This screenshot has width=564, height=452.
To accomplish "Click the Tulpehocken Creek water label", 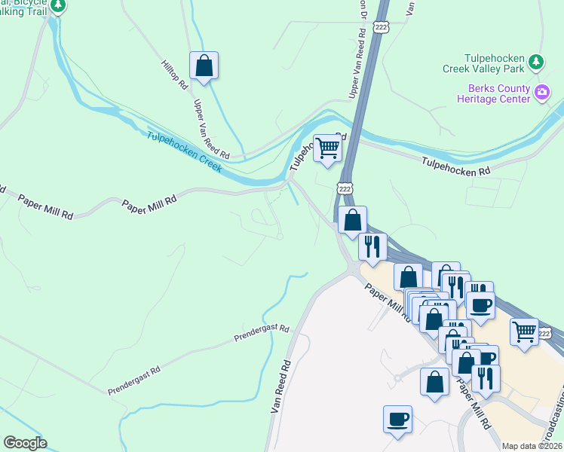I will click(x=184, y=151).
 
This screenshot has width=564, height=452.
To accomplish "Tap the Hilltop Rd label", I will click(x=174, y=75).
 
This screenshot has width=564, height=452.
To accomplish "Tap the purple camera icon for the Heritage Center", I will click(x=541, y=93).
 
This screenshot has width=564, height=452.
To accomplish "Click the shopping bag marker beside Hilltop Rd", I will click(x=204, y=66).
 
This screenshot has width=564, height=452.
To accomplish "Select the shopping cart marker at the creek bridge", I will click(x=327, y=148).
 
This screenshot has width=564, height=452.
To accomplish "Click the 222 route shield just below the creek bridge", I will click(x=345, y=188).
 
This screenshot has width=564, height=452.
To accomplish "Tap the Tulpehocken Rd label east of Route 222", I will click(x=456, y=166).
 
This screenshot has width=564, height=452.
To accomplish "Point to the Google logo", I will click(x=25, y=442).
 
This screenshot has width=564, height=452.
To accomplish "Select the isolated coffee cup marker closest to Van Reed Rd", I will click(x=397, y=419).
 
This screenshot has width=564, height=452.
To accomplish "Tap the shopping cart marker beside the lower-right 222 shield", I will click(x=524, y=331).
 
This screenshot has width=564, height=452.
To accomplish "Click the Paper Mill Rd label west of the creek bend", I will click(x=150, y=201).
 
